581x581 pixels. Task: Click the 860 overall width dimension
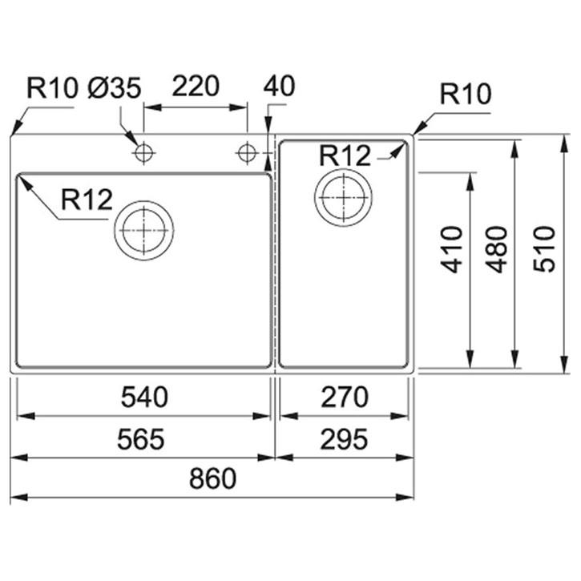[x=212, y=478]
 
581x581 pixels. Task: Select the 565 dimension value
[x=141, y=439]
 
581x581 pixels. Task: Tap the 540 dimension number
[x=144, y=397]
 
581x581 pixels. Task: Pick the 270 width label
[x=345, y=397]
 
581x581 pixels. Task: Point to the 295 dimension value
[x=345, y=439]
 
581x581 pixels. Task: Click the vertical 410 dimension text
[x=452, y=249]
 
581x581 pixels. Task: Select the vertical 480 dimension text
[x=496, y=249]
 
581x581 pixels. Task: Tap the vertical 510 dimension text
[x=544, y=249]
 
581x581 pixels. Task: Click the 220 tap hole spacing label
[x=196, y=86]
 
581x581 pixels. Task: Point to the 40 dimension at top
[x=280, y=86]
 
